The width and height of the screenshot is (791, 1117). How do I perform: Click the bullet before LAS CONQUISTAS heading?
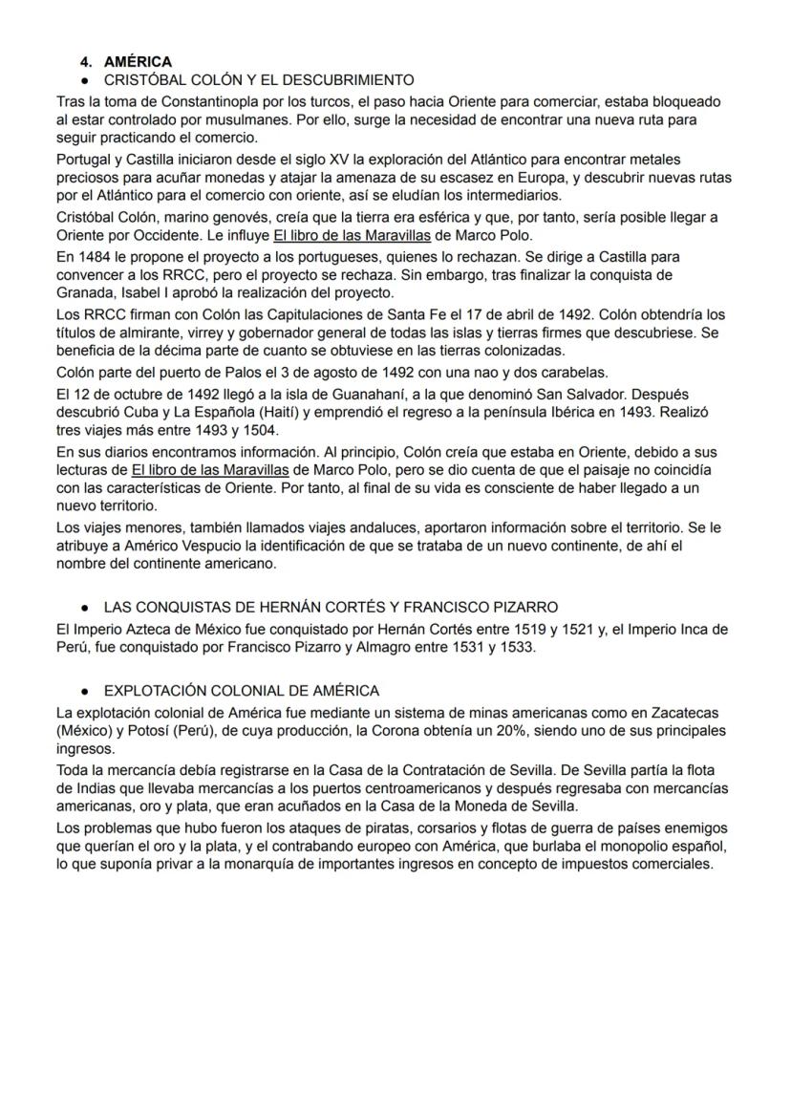[x=86, y=608]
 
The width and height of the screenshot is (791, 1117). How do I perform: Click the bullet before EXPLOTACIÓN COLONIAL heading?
[x=86, y=691]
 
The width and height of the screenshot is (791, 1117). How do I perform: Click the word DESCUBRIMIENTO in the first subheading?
[x=345, y=80]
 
